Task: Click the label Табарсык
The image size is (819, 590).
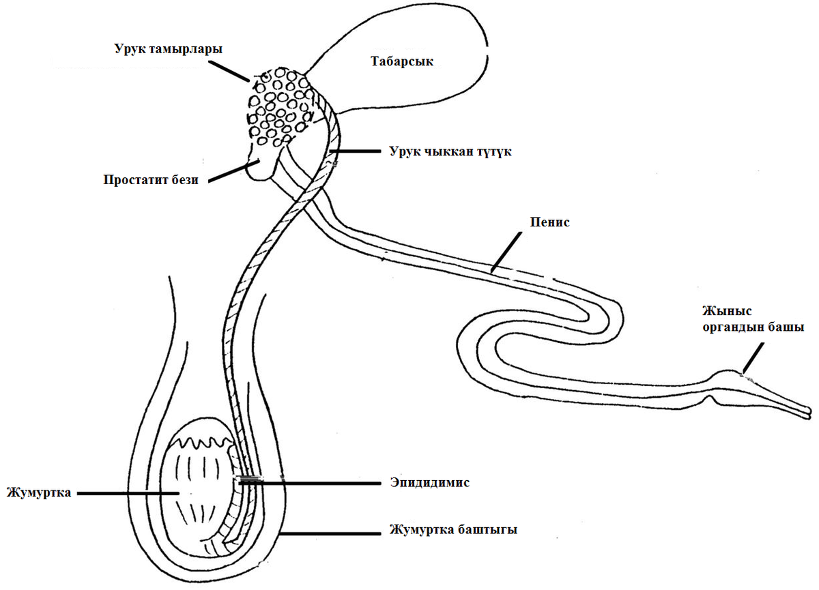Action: [403, 61]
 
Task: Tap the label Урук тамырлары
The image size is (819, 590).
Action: [169, 49]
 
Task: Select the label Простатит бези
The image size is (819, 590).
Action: [151, 181]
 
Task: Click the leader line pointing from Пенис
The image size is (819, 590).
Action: [508, 248]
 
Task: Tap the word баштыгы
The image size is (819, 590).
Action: [487, 529]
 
